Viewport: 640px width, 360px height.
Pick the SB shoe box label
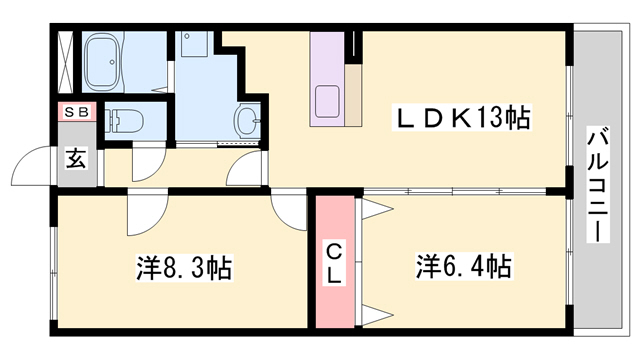tap(76, 113)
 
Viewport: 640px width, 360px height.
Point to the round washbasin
tap(247, 122)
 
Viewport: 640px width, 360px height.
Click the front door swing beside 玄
tap(38, 168)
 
